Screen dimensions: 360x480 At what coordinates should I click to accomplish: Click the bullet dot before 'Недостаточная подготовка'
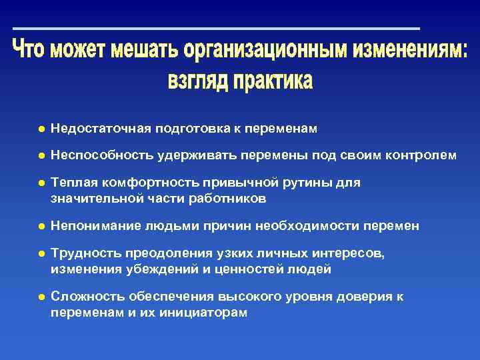click(41, 128)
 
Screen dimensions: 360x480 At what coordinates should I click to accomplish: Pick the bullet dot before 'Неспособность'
click(41, 155)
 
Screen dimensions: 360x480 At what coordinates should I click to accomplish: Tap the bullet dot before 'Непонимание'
click(41, 226)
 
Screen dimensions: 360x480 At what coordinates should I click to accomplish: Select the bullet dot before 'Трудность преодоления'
click(41, 254)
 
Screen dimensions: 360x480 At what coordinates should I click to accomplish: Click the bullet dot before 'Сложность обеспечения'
click(41, 297)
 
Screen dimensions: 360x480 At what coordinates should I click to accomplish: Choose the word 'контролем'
click(423, 155)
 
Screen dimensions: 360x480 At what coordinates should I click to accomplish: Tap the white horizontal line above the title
click(216, 29)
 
